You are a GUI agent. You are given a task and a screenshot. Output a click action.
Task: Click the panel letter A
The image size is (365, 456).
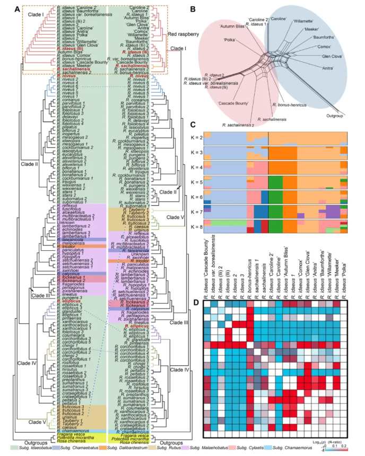coord(18,9)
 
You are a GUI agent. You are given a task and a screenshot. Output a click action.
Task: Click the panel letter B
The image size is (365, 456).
coord(192,9)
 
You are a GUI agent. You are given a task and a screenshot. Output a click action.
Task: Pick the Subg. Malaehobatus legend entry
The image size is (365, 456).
coord(220,449)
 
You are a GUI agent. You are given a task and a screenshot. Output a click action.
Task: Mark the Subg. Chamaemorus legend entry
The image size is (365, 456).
coord(317,449)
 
